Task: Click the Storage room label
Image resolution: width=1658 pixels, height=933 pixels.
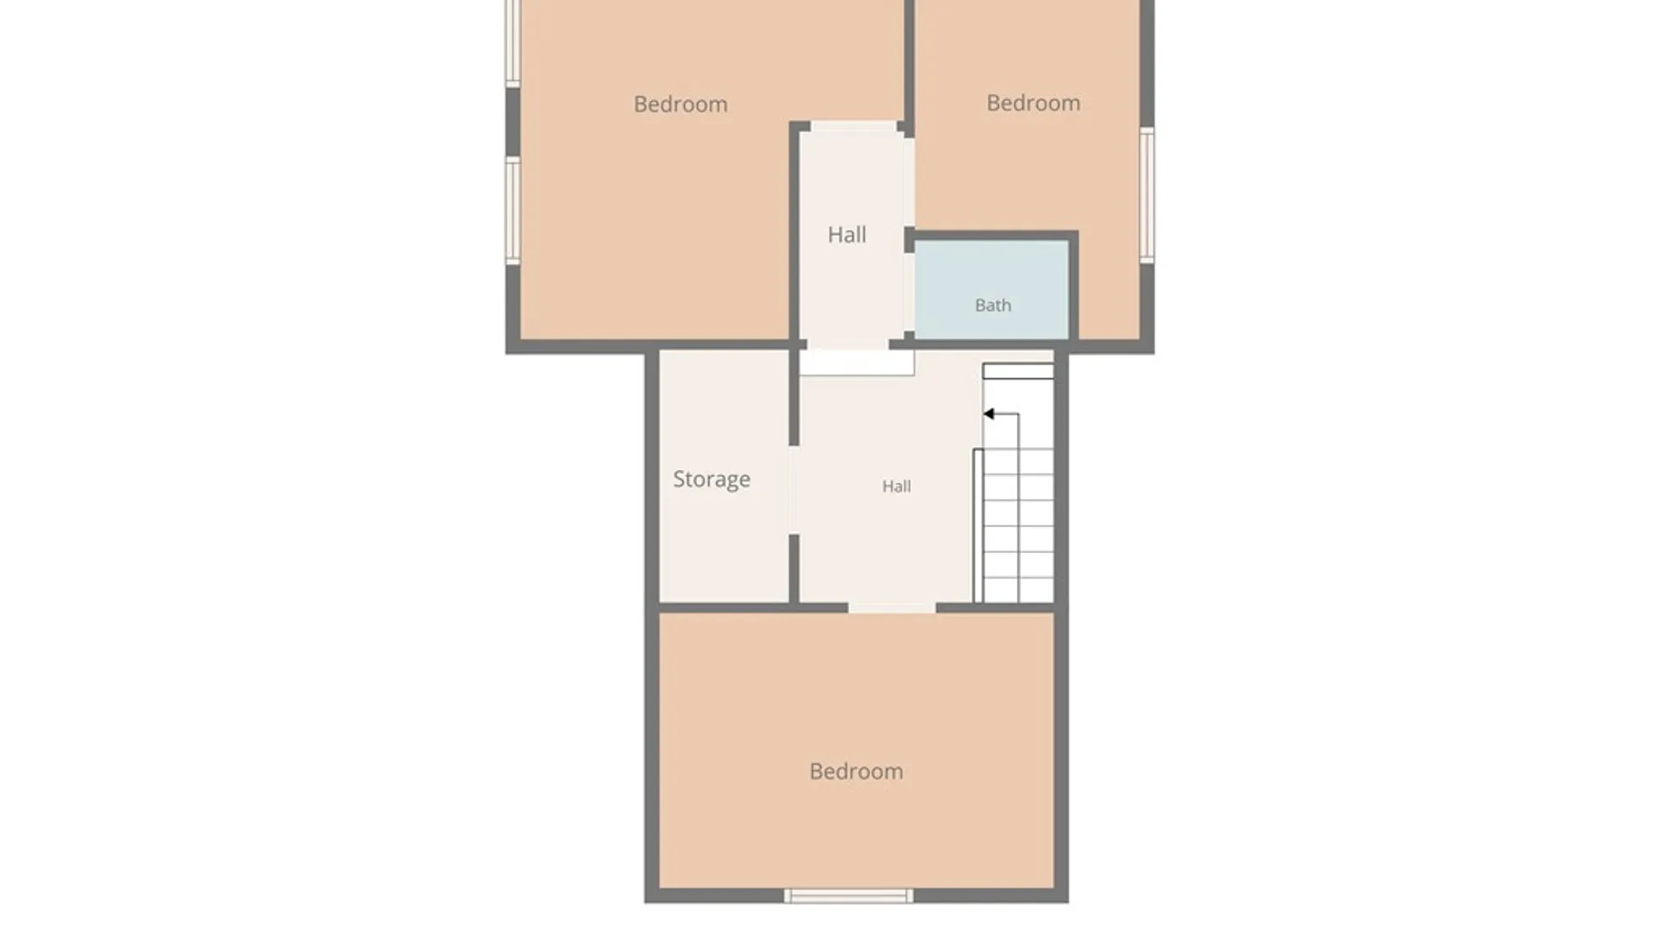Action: [712, 479]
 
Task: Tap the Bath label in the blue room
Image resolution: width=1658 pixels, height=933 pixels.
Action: [993, 305]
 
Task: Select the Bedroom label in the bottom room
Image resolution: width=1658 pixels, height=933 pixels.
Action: [856, 771]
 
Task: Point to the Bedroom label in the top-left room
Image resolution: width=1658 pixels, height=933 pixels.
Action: [680, 105]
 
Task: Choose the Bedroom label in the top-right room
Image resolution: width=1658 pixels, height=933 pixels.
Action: [1034, 103]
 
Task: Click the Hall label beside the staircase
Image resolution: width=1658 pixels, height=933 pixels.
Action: [896, 486]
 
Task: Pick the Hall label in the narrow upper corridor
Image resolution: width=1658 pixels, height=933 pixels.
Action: [846, 235]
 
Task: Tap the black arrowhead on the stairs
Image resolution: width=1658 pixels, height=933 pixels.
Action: [989, 414]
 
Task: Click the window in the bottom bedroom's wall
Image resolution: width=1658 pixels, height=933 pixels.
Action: [848, 896]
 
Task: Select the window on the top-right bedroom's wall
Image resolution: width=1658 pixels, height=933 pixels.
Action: [1147, 195]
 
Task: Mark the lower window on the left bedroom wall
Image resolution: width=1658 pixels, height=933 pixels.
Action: [513, 211]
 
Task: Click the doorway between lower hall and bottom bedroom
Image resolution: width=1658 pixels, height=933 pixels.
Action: [892, 608]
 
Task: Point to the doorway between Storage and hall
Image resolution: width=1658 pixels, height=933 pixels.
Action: [794, 490]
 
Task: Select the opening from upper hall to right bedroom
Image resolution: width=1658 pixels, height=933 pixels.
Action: [909, 181]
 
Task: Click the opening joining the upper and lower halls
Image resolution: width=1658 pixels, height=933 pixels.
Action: [846, 346]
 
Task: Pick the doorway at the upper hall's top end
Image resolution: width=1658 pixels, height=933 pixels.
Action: [853, 127]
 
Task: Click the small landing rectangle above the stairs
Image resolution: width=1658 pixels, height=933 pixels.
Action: [1018, 371]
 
